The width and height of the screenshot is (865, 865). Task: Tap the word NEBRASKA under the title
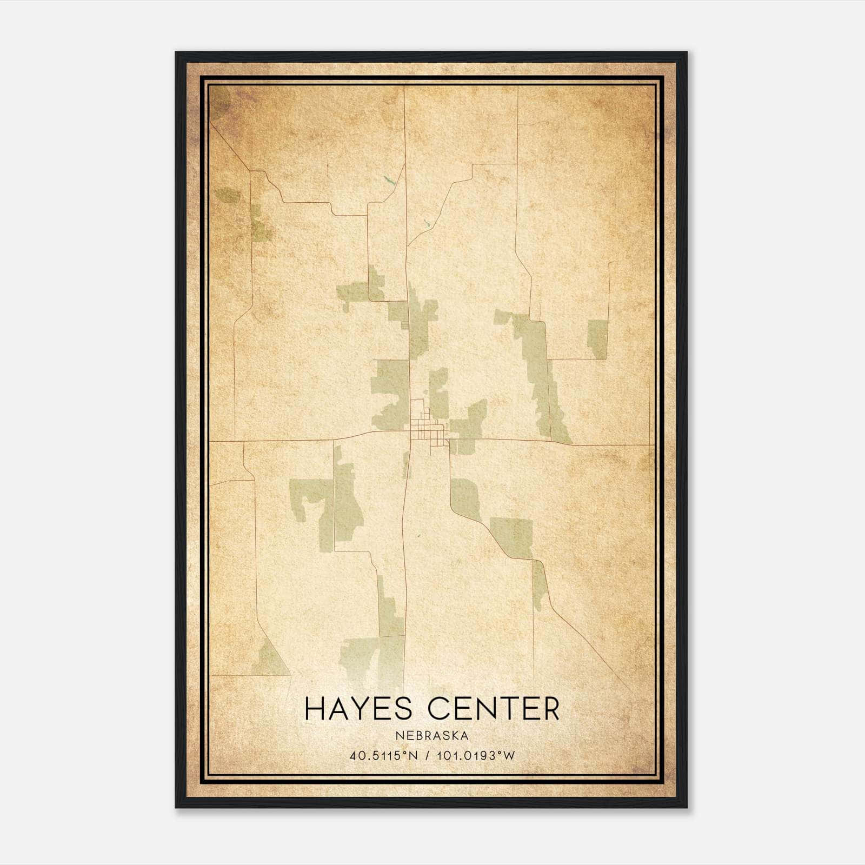click(432, 736)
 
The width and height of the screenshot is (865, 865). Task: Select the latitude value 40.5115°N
click(383, 756)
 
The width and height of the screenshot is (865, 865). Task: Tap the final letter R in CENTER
click(551, 709)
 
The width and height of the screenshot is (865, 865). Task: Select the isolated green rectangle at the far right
click(597, 339)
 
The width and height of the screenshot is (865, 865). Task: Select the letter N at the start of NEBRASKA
click(398, 736)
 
